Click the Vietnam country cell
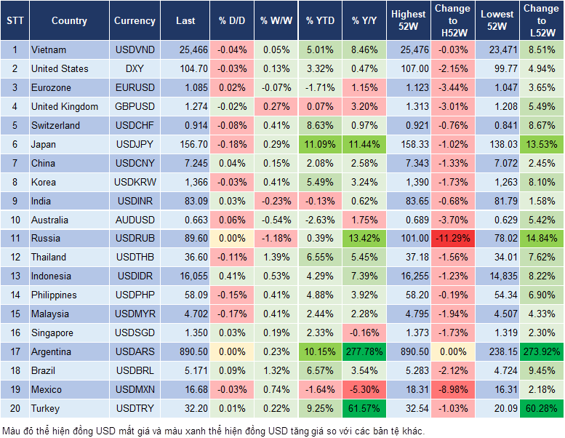click(49, 49)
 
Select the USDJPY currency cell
click(135, 144)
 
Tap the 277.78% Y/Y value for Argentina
click(366, 351)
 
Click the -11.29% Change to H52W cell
click(452, 238)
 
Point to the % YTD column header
click(321, 21)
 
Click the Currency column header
click(135, 21)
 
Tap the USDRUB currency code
click(135, 238)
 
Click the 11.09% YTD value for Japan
click(321, 144)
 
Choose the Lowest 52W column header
click(497, 20)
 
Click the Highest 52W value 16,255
click(409, 276)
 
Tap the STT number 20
click(15, 408)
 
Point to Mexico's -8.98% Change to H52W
click(452, 389)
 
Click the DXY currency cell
click(135, 68)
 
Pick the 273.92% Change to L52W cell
click(542, 351)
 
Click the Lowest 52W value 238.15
click(497, 351)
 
